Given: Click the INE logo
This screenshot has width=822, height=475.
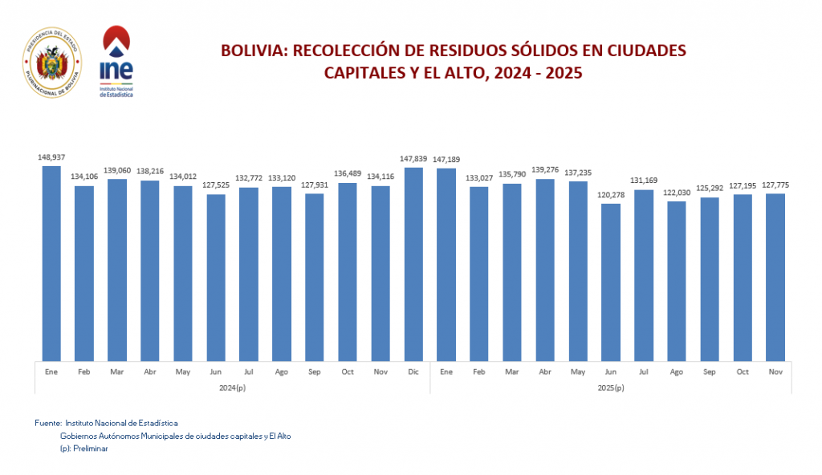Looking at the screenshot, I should click(x=116, y=62).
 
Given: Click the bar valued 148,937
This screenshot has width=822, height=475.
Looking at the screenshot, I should click(x=51, y=262).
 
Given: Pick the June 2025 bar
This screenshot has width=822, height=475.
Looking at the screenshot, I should click(x=610, y=282).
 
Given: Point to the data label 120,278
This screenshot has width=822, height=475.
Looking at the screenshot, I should click(x=610, y=195).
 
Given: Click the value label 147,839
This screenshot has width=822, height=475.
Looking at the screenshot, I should click(x=413, y=159).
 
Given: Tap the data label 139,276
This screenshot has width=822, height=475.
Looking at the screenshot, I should click(x=544, y=170).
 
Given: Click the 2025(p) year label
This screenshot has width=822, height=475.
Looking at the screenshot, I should click(x=610, y=388).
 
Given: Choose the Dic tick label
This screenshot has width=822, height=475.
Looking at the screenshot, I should click(x=413, y=372).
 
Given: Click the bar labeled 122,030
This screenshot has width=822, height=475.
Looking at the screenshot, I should click(x=676, y=280).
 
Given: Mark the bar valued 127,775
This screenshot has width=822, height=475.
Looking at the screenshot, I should click(x=775, y=276).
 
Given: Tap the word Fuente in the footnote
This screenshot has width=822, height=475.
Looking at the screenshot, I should click(x=47, y=422).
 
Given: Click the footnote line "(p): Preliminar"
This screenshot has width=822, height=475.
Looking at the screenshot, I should click(x=83, y=449).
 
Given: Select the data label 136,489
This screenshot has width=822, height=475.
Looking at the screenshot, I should click(x=347, y=174).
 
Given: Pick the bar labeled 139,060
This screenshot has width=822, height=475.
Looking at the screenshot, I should click(x=116, y=269).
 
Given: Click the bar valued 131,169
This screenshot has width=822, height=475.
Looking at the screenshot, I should click(x=643, y=274).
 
